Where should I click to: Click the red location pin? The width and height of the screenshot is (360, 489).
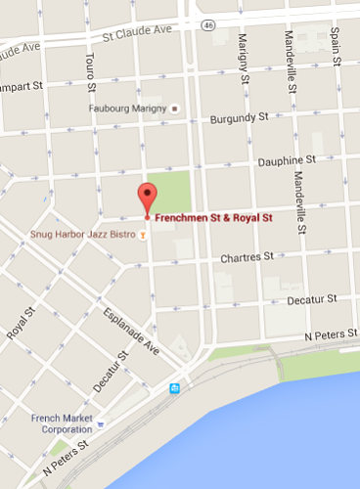point(146,198)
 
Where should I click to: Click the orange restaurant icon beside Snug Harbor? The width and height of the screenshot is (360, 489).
point(144,235)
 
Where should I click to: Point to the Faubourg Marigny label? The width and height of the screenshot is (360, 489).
point(129,108)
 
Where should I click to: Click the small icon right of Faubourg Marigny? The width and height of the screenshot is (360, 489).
point(175,108)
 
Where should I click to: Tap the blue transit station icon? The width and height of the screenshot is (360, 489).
point(174,388)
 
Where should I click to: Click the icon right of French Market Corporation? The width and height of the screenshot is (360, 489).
point(100,423)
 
